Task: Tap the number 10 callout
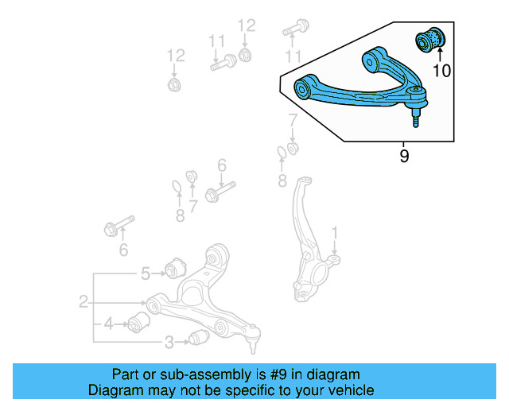[441, 71]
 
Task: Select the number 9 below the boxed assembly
[404, 157]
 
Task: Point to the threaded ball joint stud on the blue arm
[416, 117]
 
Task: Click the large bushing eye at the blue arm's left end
[303, 87]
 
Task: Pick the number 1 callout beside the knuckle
[335, 232]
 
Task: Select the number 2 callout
[83, 301]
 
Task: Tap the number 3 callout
[169, 343]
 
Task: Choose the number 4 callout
[108, 324]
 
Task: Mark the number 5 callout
[146, 274]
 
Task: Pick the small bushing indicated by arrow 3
[199, 339]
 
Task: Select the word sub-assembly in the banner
[190, 374]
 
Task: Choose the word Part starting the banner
[126, 374]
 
